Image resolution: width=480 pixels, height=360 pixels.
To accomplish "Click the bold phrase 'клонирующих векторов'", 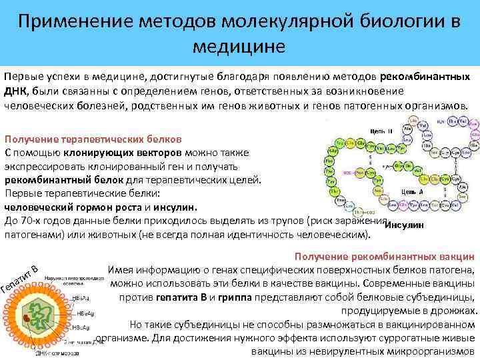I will point(138,153).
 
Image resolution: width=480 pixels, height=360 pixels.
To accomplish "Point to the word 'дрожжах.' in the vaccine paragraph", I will point(457,311).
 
